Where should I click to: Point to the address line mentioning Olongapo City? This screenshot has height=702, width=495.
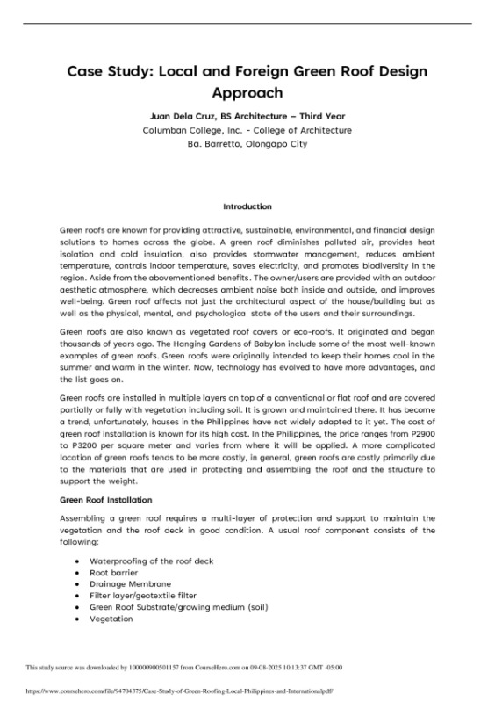(x=247, y=143)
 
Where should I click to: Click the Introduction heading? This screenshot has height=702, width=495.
(x=247, y=206)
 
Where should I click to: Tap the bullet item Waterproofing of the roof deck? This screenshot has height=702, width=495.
(x=151, y=561)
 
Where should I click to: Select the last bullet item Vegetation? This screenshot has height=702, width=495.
(x=111, y=619)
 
